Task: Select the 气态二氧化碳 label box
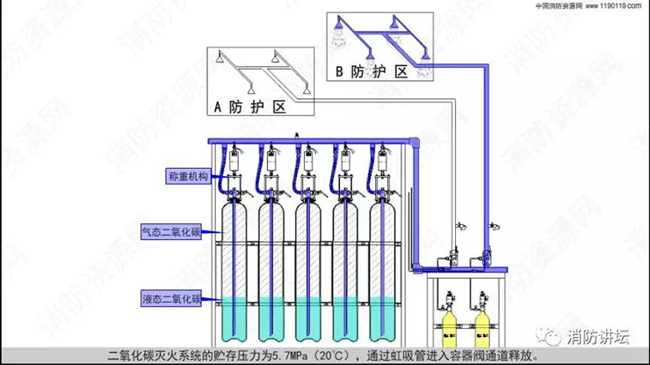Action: coord(171,232)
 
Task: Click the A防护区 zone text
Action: coord(250,108)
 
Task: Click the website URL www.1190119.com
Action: coord(614,5)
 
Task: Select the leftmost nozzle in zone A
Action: coord(224,85)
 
